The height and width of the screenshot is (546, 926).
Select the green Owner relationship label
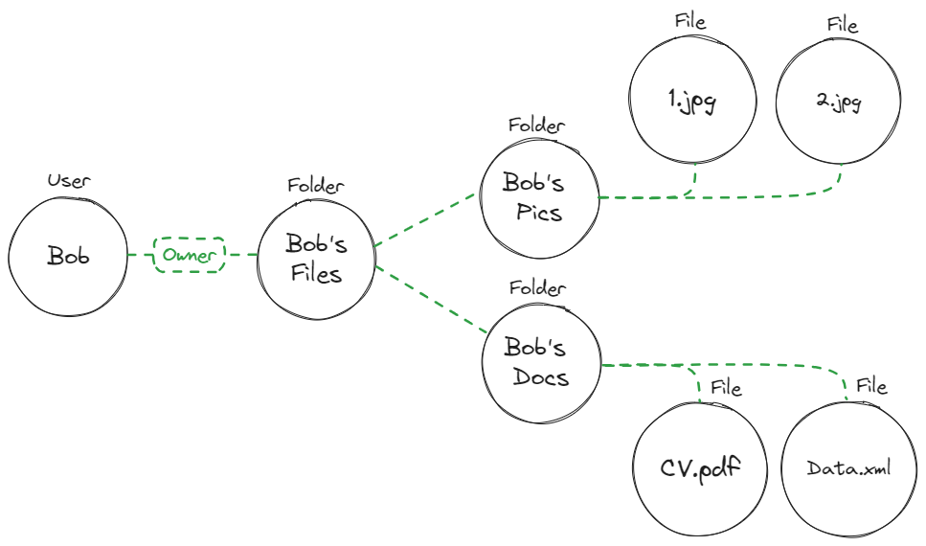(189, 255)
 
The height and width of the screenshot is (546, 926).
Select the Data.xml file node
(847, 468)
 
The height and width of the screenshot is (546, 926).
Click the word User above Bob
(68, 180)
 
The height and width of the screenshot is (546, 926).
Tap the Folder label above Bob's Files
(316, 186)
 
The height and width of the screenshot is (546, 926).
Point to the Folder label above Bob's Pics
(536, 125)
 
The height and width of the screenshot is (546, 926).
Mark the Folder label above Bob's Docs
(537, 287)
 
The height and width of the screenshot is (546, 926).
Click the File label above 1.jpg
(689, 21)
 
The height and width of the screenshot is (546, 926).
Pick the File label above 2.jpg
(843, 24)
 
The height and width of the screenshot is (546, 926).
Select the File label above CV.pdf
(726, 387)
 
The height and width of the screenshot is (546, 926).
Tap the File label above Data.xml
(871, 386)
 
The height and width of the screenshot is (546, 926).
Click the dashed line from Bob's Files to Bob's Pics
(426, 219)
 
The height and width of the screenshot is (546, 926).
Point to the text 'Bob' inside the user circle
(68, 256)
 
